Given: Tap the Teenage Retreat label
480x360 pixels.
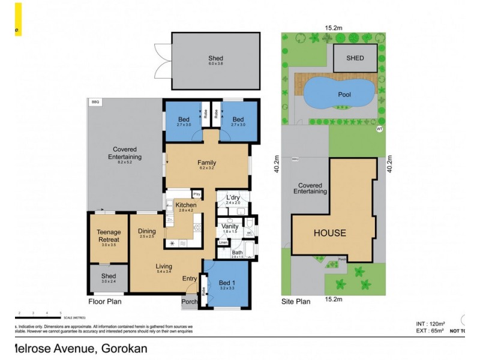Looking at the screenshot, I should [109, 236].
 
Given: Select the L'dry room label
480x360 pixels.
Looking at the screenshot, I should [233, 198].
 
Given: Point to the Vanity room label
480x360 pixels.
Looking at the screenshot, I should [230, 226].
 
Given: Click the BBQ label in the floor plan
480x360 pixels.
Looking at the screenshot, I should [95, 103].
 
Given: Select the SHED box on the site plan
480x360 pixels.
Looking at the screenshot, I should [355, 58].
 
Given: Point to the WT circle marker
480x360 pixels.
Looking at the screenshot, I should [379, 128].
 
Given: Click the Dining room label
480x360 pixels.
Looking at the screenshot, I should [147, 232].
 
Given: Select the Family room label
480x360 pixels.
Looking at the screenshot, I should [207, 163].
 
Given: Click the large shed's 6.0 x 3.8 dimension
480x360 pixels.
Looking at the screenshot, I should [215, 64].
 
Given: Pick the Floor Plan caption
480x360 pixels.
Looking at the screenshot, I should [105, 302].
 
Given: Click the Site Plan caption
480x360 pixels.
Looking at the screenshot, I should [296, 302].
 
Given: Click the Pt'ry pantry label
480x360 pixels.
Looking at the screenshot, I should [196, 194].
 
